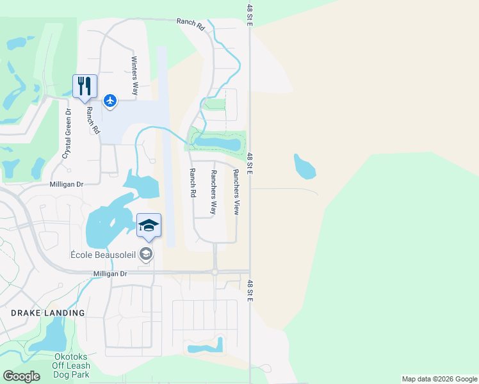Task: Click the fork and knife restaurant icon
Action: (85, 86)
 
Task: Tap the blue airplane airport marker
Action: (110, 100)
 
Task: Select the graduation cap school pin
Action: (149, 226)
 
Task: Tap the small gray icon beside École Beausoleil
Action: (146, 255)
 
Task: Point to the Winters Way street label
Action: (134, 76)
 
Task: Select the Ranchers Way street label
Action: (215, 192)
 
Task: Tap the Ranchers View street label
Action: (236, 191)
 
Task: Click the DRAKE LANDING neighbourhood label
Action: (47, 313)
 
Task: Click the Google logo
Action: (21, 376)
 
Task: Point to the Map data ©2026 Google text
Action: (439, 379)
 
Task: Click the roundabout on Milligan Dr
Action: (215, 271)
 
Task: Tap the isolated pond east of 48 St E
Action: (304, 167)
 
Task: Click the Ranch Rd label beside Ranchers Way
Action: (192, 182)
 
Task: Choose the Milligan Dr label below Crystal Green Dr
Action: (67, 184)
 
